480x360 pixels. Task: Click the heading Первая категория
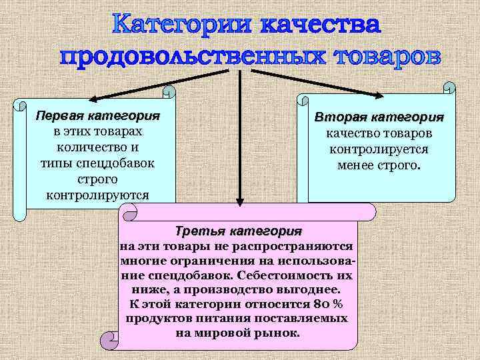pos(98,115)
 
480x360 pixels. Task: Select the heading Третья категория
pos(238,232)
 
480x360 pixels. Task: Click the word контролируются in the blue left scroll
pos(98,195)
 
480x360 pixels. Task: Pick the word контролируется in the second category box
pos(379,149)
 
